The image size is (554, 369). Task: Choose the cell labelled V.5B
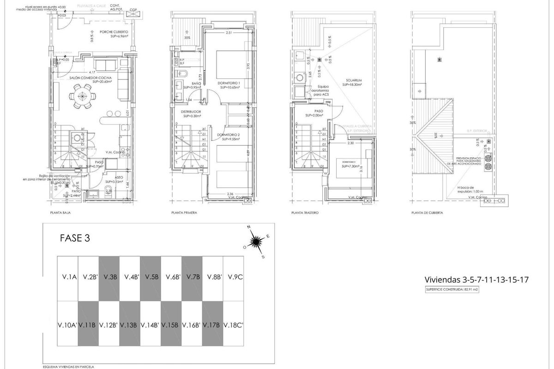point(151,277)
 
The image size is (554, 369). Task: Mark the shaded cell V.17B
point(212,325)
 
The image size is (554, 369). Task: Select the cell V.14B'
point(150,325)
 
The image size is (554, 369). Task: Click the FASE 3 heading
point(75,238)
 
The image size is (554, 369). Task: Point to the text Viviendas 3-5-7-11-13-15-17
point(476,280)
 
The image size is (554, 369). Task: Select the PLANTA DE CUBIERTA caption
point(428,213)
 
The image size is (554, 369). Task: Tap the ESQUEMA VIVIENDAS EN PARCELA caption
point(68,367)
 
